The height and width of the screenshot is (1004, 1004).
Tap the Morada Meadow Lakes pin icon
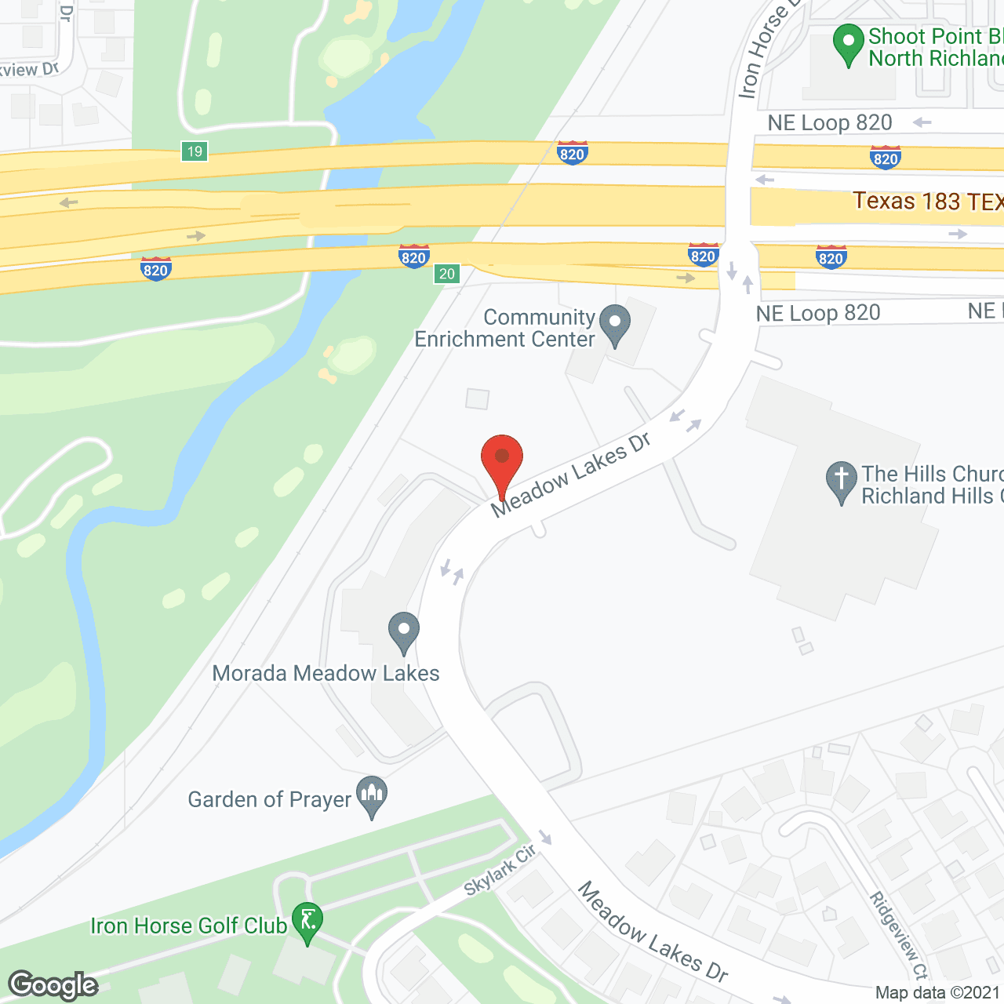click(x=404, y=631)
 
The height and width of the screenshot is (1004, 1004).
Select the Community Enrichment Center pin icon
click(x=615, y=324)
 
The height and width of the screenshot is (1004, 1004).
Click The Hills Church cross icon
click(x=841, y=479)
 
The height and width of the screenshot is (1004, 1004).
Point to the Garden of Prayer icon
click(x=372, y=795)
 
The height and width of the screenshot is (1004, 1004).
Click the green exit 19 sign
click(x=195, y=151)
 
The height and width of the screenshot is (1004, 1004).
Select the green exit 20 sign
click(x=447, y=274)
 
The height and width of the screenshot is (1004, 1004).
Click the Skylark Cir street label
click(x=500, y=870)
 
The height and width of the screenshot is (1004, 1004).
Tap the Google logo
click(x=53, y=985)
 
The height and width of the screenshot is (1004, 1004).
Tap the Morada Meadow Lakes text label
click(x=326, y=673)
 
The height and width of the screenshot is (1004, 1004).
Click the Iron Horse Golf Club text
click(x=188, y=926)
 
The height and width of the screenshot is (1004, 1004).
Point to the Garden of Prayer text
click(x=269, y=799)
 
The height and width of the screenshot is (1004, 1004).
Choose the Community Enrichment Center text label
click(x=504, y=328)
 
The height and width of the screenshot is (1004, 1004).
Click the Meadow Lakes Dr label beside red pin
click(x=571, y=475)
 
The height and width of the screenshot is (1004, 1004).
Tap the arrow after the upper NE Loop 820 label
click(x=922, y=122)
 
